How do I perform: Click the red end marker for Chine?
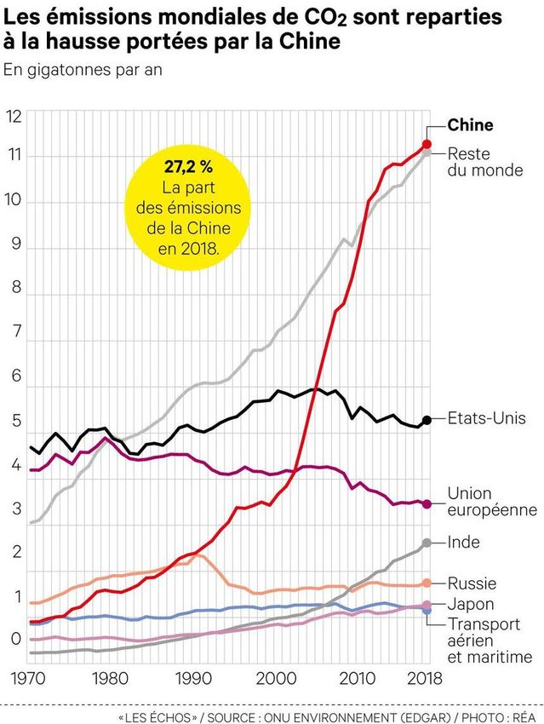pos(427,144)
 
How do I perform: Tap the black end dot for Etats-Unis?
pos(427,419)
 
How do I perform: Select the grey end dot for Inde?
pos(426,543)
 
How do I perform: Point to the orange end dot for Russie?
pos(426,583)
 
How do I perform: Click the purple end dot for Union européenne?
pos(427,503)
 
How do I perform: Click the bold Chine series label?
pos(470,125)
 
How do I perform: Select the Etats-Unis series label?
pos(486,419)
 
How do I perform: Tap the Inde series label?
pos(463,543)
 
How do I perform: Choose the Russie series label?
pos(472,583)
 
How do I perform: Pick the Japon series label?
pos(470,606)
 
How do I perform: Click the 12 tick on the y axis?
pos(13,117)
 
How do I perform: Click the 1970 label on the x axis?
pos(29,679)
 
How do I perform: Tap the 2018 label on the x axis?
pos(424,679)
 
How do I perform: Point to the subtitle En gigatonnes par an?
pos(83,69)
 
